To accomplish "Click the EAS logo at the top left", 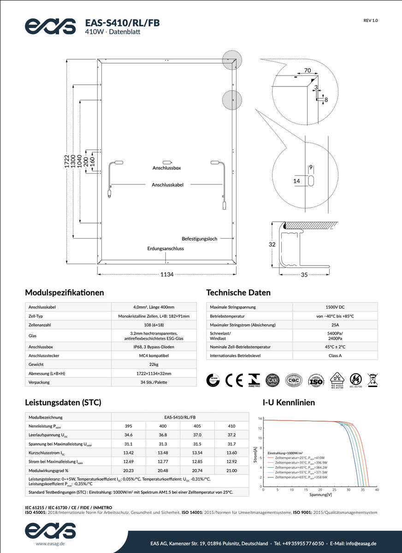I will pos(50,26).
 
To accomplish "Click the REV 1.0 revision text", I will pos(371,21).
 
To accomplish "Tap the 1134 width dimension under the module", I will pos(167,275).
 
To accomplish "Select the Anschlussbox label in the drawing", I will pos(166,169).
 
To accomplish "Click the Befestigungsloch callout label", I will pos(199,239).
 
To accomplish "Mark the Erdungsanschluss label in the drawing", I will pos(166,249).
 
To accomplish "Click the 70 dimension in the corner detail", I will pos(308,71).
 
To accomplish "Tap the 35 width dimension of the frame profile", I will pos(304,275).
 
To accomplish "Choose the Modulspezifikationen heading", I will pos(65,293).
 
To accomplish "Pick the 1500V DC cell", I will pos(335,307).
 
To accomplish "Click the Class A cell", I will pos(335,356).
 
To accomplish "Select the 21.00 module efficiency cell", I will pos(231,471).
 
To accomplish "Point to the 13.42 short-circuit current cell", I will pos(129,453).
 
